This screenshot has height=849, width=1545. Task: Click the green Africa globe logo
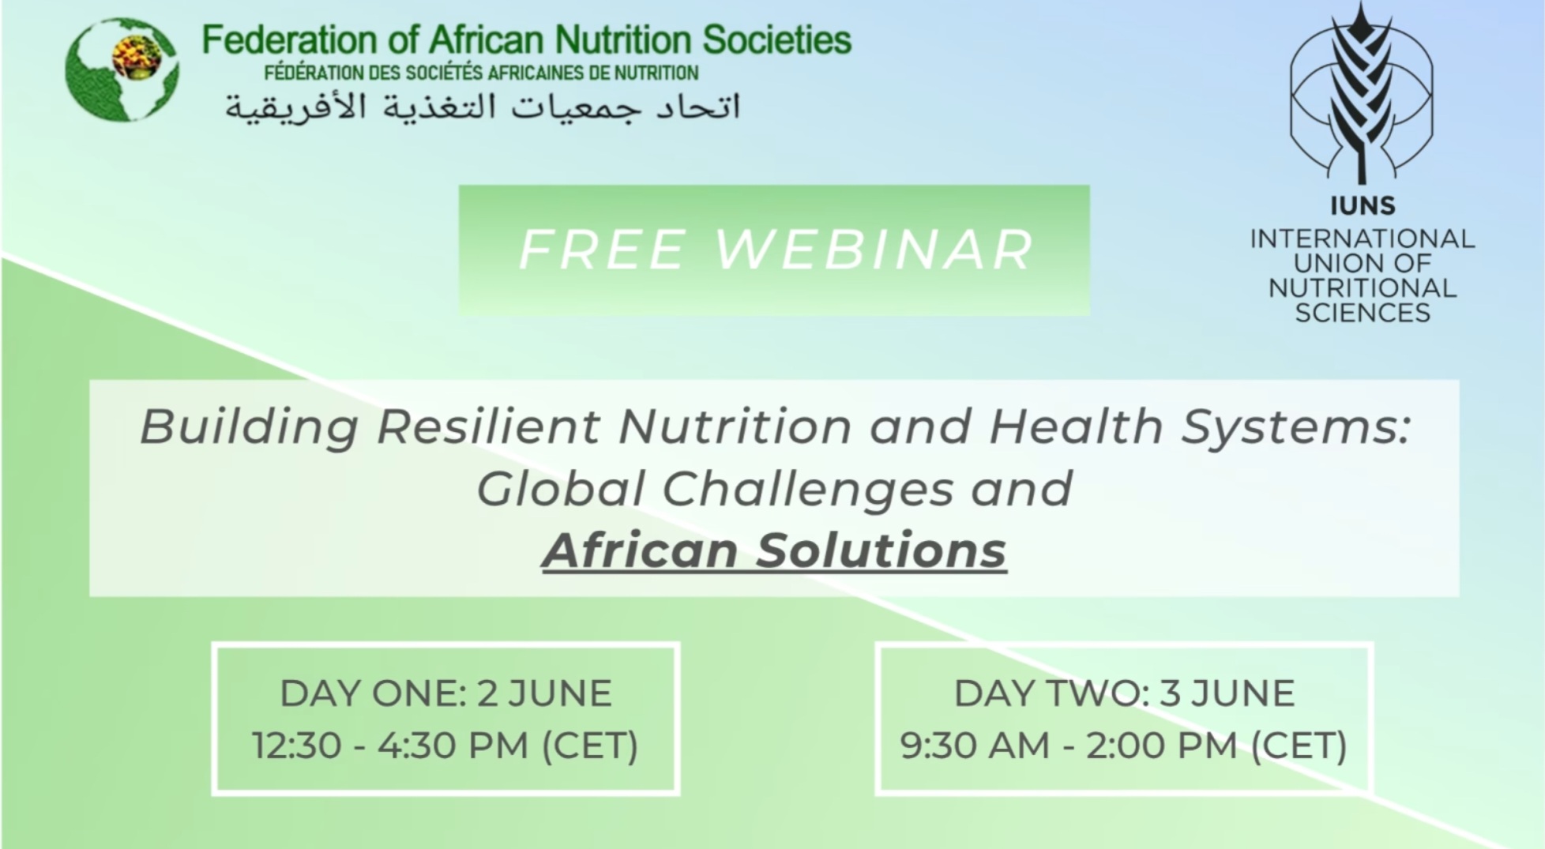(x=122, y=69)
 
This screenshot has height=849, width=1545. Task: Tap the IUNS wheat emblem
(x=1361, y=92)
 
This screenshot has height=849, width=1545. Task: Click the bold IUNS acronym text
(x=1363, y=206)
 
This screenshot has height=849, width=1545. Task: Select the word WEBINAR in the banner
(x=874, y=250)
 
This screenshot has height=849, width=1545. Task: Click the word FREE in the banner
(x=601, y=250)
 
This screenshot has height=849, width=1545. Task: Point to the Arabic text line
(x=483, y=107)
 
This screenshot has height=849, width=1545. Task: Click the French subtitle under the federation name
(x=481, y=73)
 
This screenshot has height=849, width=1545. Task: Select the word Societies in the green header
(x=777, y=39)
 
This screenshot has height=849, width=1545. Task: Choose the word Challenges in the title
(x=807, y=490)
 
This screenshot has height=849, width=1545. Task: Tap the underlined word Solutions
(x=882, y=550)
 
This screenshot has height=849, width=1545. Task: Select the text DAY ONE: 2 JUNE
(x=446, y=693)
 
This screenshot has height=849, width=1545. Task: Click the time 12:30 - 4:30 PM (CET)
(x=445, y=746)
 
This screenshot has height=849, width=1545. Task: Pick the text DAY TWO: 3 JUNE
(x=1124, y=693)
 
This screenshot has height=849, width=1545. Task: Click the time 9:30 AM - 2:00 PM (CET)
(x=1124, y=746)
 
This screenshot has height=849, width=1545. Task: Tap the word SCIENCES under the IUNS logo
(x=1363, y=314)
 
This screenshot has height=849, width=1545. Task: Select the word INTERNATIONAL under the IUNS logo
(x=1363, y=239)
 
